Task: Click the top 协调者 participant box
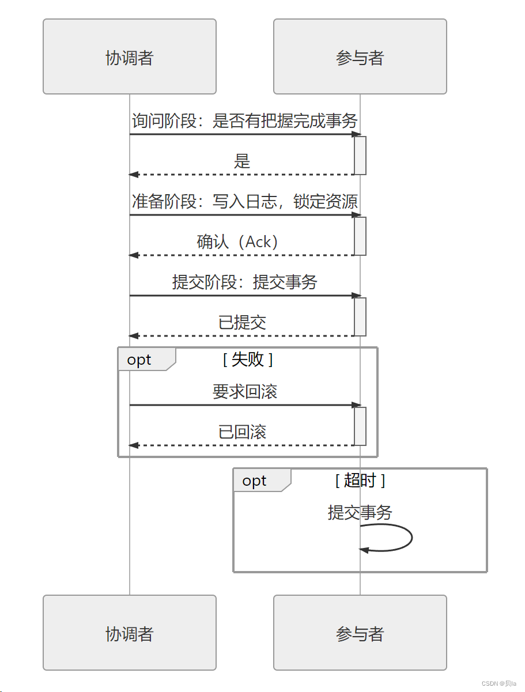click(x=130, y=56)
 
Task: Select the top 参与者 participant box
click(x=360, y=56)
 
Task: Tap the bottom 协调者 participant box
click(x=130, y=633)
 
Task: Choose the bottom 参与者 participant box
click(x=360, y=633)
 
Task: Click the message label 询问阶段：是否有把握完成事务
click(x=245, y=121)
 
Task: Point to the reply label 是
click(x=242, y=161)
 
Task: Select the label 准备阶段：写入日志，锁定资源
click(x=245, y=202)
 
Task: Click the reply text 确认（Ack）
click(x=237, y=242)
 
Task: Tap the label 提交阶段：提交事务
click(x=245, y=282)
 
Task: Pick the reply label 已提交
click(x=242, y=323)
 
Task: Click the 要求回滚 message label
click(x=245, y=392)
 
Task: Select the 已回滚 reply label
click(x=242, y=432)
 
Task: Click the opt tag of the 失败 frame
click(x=139, y=360)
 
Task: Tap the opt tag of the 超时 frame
click(x=255, y=481)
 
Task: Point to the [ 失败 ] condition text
click(x=248, y=360)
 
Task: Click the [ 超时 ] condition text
click(x=360, y=481)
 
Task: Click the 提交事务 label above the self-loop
click(x=360, y=512)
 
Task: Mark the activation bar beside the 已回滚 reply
click(x=360, y=426)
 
